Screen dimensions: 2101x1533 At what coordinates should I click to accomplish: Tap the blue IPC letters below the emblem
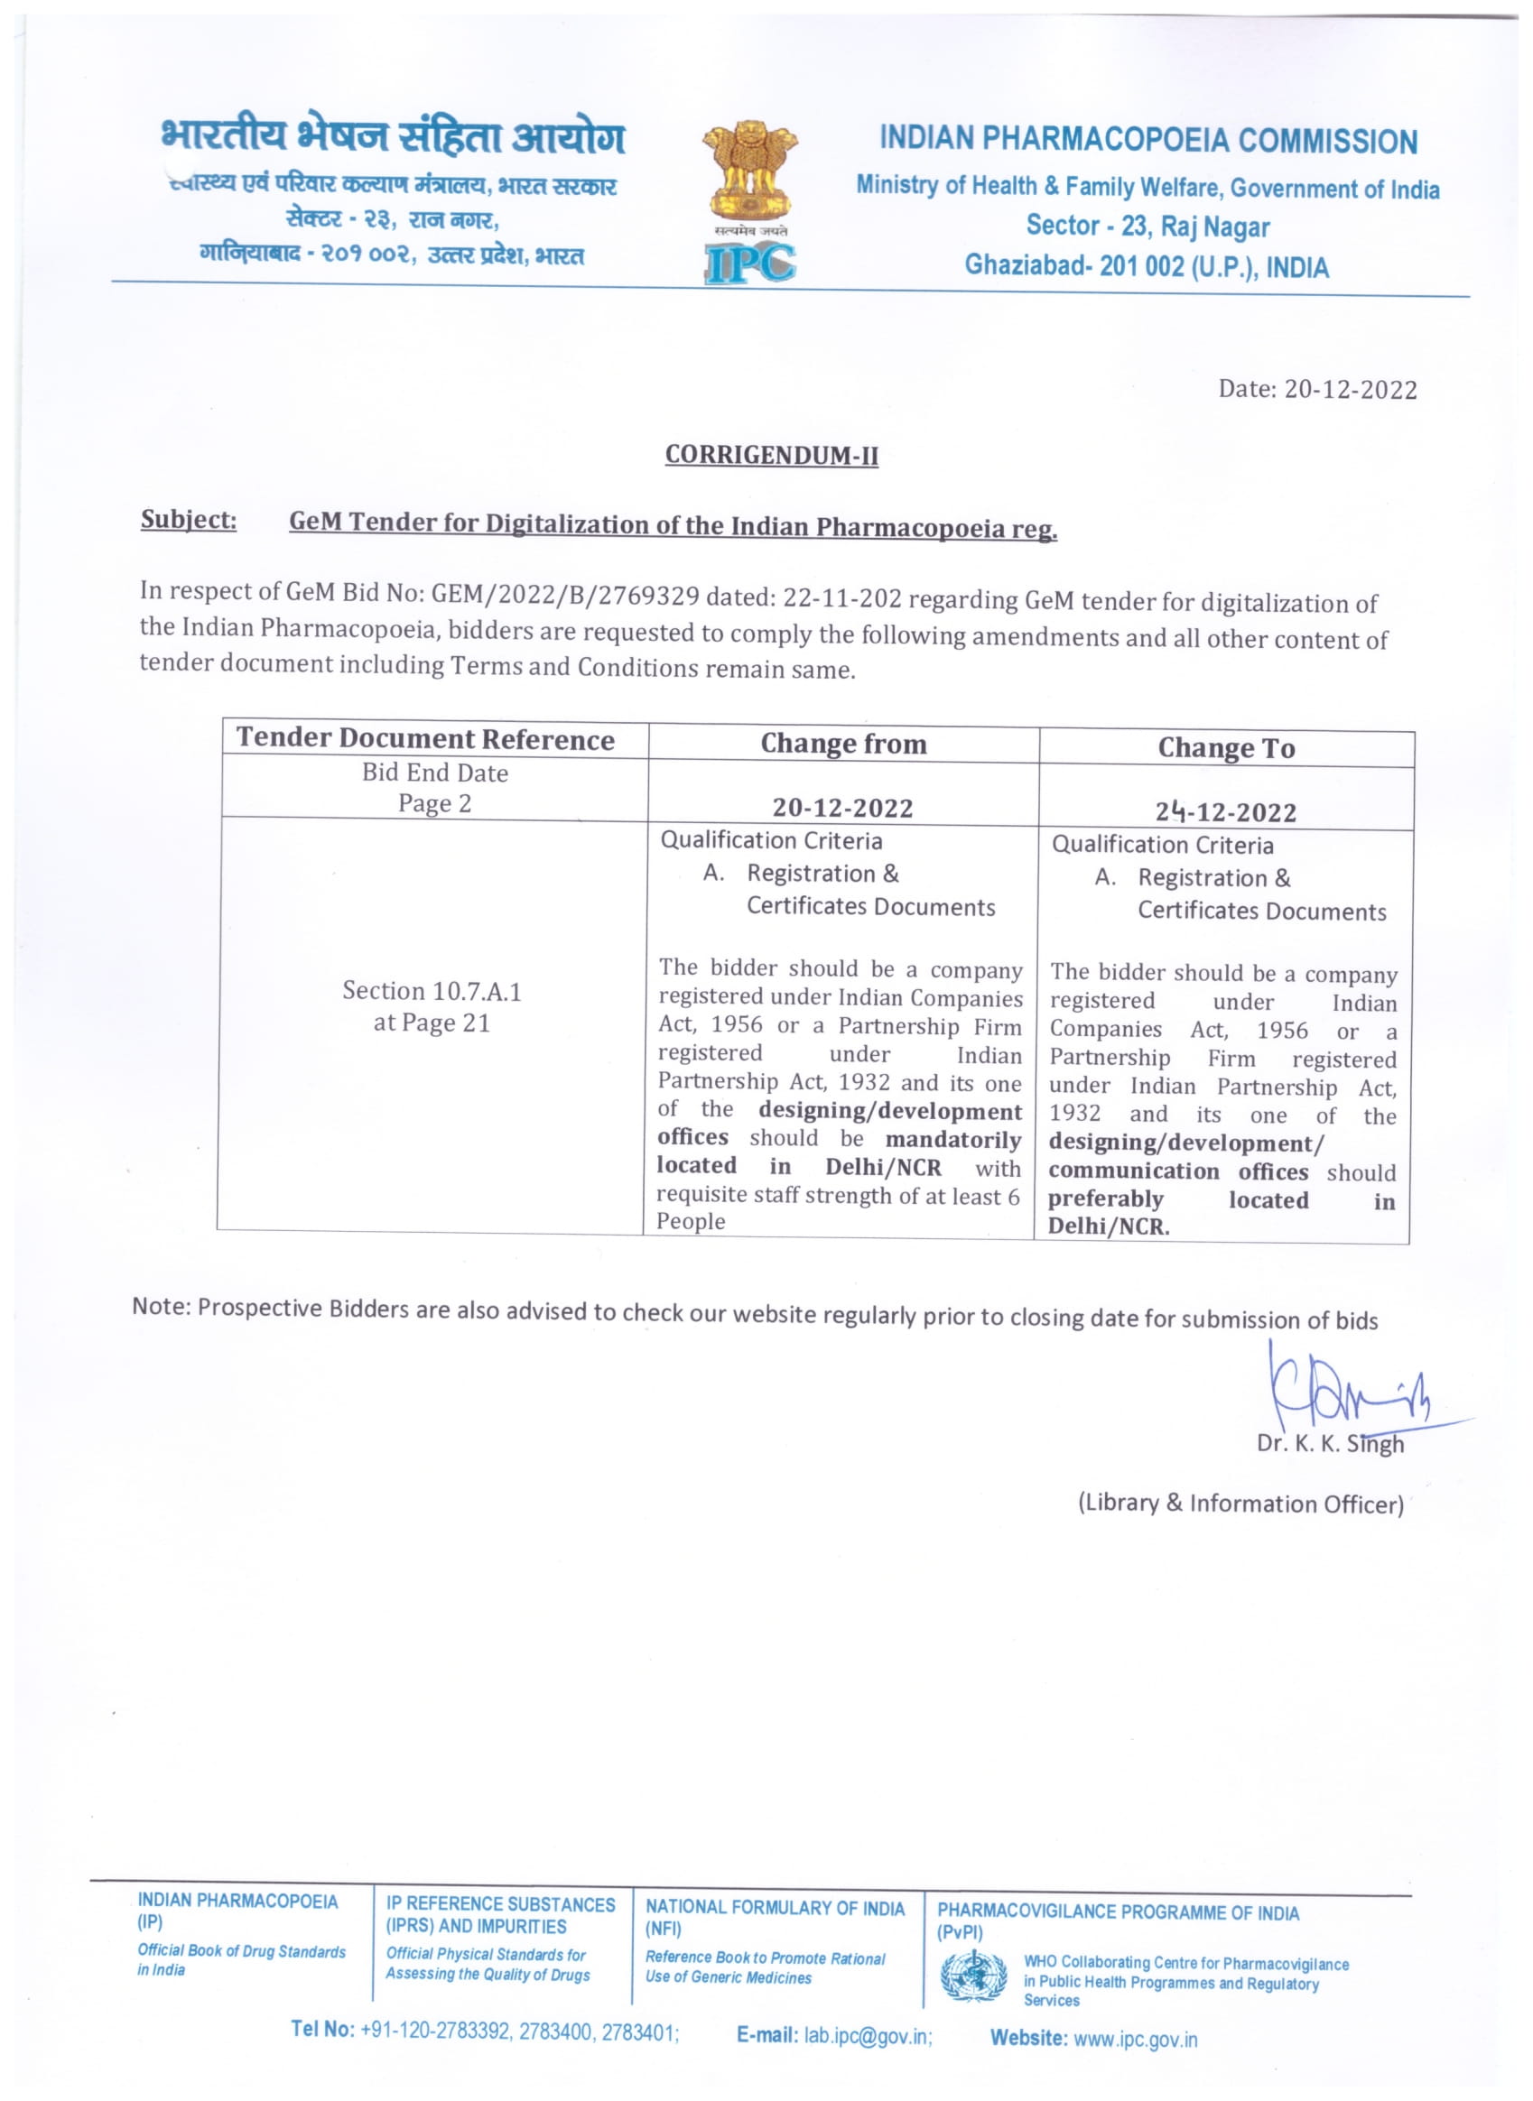(x=749, y=263)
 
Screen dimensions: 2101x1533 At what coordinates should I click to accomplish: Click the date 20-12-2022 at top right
(x=1351, y=390)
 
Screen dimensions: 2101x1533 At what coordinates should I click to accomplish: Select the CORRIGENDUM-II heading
(x=771, y=456)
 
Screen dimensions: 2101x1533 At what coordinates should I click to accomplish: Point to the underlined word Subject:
(x=189, y=520)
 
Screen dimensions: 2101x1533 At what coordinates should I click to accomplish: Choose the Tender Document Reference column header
(x=425, y=738)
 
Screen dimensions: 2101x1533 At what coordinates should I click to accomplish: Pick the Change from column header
(x=843, y=744)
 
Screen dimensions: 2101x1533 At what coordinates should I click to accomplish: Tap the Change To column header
(x=1226, y=748)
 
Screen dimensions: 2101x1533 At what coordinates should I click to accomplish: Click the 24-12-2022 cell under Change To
(x=1226, y=812)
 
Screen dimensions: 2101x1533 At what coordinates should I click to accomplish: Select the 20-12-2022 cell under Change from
(x=842, y=808)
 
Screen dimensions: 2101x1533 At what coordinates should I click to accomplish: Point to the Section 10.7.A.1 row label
(x=432, y=992)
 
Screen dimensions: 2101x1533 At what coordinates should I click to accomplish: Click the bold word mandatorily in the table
(x=953, y=1140)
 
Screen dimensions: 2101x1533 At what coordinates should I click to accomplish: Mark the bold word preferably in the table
(x=1105, y=1199)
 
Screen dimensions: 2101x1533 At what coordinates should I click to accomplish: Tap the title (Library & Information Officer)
(x=1240, y=1504)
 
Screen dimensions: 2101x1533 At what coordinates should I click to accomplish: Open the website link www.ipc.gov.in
(x=1135, y=2040)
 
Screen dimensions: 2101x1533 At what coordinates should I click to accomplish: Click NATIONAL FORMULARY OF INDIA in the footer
(x=775, y=1908)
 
